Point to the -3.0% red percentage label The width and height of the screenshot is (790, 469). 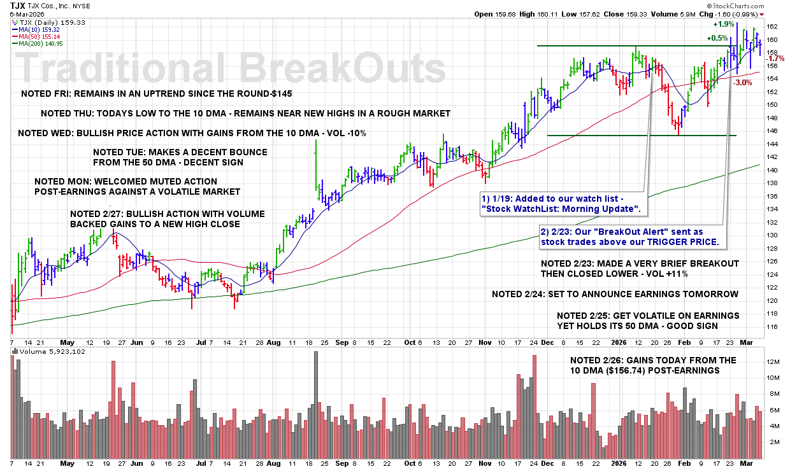click(x=743, y=82)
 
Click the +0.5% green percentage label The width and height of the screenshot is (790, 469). click(x=717, y=38)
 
